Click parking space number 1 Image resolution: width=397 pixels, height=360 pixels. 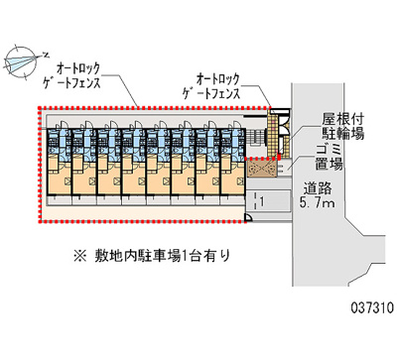pyautogui.click(x=260, y=200)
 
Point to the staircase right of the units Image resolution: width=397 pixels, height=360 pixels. pyautogui.click(x=282, y=140)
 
